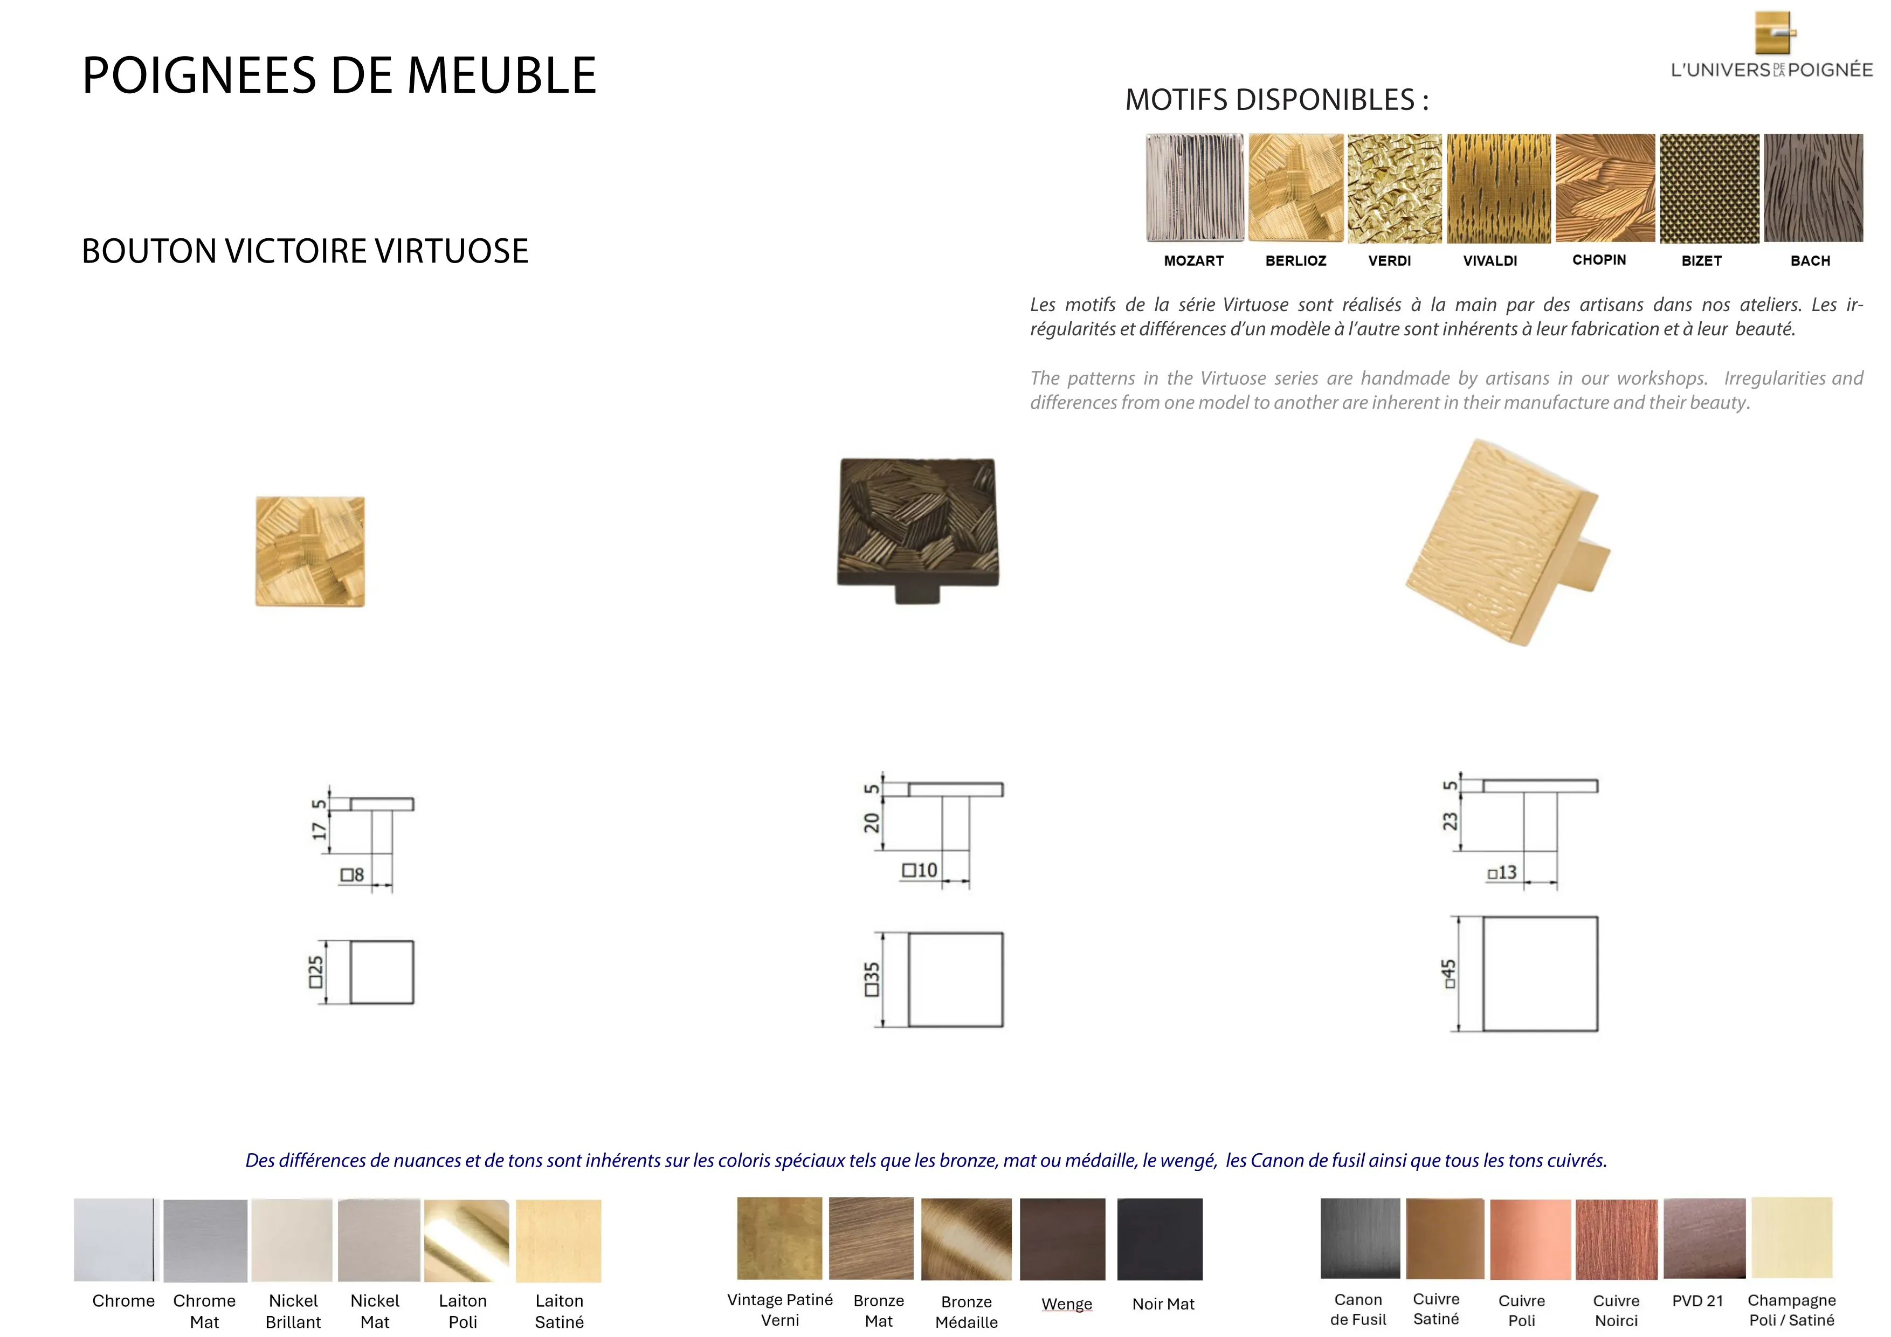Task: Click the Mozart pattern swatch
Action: pos(1194,188)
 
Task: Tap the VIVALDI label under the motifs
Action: pos(1490,261)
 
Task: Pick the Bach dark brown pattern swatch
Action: pos(1813,188)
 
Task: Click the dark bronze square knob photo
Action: pos(919,530)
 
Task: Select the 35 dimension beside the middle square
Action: pos(871,980)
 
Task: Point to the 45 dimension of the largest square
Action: pos(1449,974)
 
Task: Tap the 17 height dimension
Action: pos(319,830)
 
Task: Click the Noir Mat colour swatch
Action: pos(1160,1239)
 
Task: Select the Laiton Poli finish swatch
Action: pos(466,1240)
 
